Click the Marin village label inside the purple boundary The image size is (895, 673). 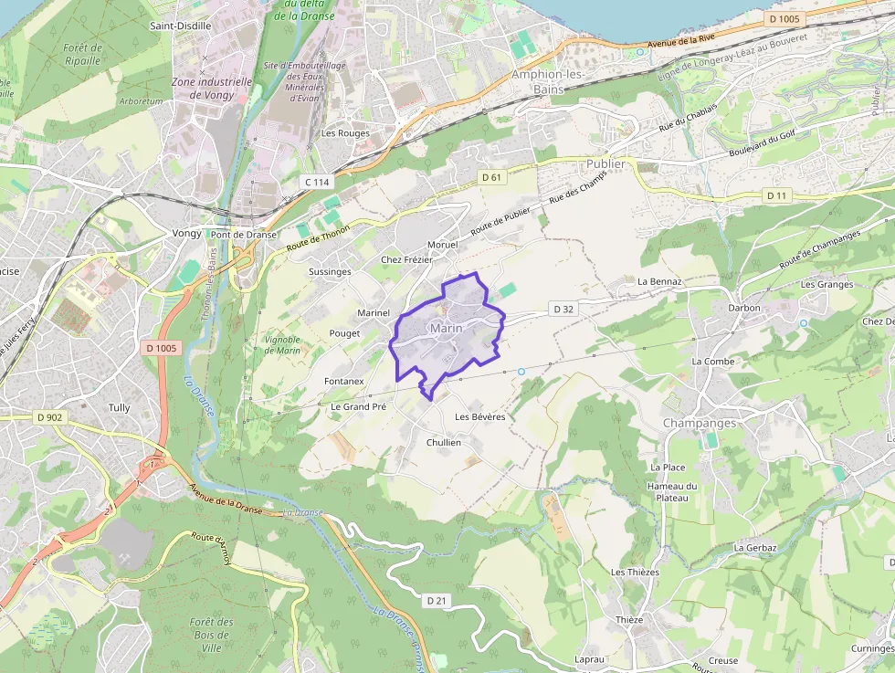(x=446, y=329)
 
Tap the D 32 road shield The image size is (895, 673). (x=563, y=310)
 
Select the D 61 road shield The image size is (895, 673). (x=491, y=177)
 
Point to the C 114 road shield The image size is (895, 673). (x=317, y=182)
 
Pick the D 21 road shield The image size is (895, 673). (x=436, y=600)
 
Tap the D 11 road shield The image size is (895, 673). (x=776, y=195)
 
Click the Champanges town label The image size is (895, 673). (x=699, y=424)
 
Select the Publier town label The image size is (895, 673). (x=605, y=164)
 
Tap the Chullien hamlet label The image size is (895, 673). (x=444, y=442)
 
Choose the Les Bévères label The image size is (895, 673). (x=480, y=416)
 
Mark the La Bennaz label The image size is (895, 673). (x=659, y=281)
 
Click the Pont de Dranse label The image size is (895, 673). (x=243, y=234)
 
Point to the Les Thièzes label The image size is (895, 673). (x=635, y=572)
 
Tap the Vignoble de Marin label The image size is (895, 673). (x=282, y=344)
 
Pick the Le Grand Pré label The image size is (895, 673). (x=359, y=406)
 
